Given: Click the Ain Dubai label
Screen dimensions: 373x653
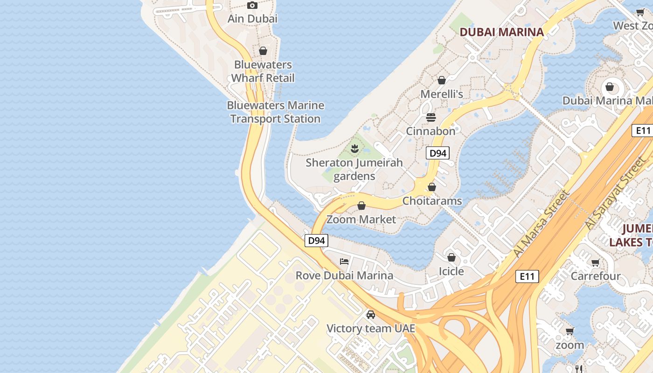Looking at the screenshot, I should [252, 19].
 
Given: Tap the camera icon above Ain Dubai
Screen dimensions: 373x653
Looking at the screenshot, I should [252, 6].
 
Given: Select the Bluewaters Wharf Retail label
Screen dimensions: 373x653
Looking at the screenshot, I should [263, 71].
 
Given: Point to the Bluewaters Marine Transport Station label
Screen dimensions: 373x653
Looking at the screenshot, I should [275, 112].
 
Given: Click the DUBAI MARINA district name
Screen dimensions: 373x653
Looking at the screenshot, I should [502, 32].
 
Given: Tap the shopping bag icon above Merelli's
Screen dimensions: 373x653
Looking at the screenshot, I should [441, 81].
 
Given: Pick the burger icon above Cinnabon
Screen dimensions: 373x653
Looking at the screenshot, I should [431, 117].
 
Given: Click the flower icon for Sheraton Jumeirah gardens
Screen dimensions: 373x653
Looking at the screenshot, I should [354, 149].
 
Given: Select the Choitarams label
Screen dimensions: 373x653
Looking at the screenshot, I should [432, 201].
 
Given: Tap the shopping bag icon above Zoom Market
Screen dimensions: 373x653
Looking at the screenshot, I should [361, 206].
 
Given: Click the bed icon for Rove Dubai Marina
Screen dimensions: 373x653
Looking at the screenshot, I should [344, 262].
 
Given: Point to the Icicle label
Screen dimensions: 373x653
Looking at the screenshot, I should [452, 271].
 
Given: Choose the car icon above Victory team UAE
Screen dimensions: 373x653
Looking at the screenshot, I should [371, 315].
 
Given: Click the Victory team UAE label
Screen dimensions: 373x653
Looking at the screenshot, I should [371, 328].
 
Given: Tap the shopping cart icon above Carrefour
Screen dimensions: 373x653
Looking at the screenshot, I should [596, 263].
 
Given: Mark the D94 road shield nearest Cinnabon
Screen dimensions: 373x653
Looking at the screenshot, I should [438, 153].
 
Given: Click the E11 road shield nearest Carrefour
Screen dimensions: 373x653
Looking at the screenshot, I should [527, 276].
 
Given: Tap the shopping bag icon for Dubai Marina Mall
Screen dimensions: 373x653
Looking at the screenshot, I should [609, 87].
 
